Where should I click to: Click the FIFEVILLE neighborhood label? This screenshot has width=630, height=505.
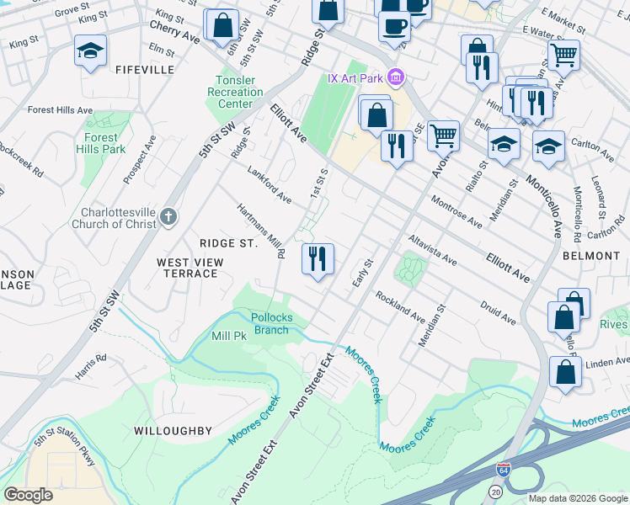coord(145,69)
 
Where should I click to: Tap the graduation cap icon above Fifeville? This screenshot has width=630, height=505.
coord(90,52)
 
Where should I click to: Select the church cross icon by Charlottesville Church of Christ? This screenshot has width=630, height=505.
coord(168,217)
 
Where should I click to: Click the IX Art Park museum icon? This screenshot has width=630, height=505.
coord(397,78)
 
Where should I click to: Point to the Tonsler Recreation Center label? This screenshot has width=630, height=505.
coord(234,93)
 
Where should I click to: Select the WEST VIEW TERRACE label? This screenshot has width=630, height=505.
coord(190,268)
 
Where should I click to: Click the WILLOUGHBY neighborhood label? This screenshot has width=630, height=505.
coord(173,430)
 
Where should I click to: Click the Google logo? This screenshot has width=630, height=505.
coord(29,494)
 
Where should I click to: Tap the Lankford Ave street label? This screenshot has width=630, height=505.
coord(270,186)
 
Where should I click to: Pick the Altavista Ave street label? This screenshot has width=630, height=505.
coord(432,250)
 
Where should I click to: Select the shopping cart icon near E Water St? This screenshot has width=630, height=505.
coord(563,55)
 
